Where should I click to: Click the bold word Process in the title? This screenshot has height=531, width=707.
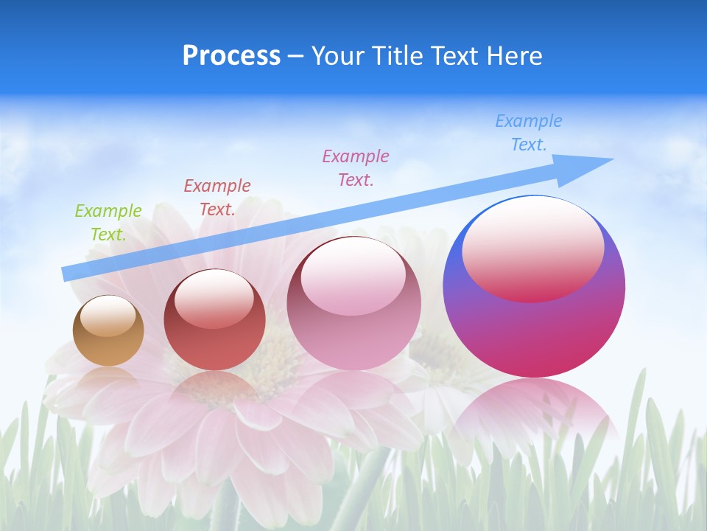pos(231,56)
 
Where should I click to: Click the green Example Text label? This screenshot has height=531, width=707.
pos(108,222)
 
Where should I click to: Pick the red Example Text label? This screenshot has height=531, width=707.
pos(217,197)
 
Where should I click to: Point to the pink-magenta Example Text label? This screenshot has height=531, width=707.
pos(356,167)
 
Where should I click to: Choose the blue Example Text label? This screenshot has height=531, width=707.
pos(529,133)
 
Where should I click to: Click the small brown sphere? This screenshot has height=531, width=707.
pos(108,347)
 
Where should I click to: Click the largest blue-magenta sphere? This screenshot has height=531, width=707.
pos(534,332)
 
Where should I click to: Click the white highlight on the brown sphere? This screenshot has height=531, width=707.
pos(108,316)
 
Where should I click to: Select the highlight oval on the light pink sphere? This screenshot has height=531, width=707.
pos(353,276)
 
